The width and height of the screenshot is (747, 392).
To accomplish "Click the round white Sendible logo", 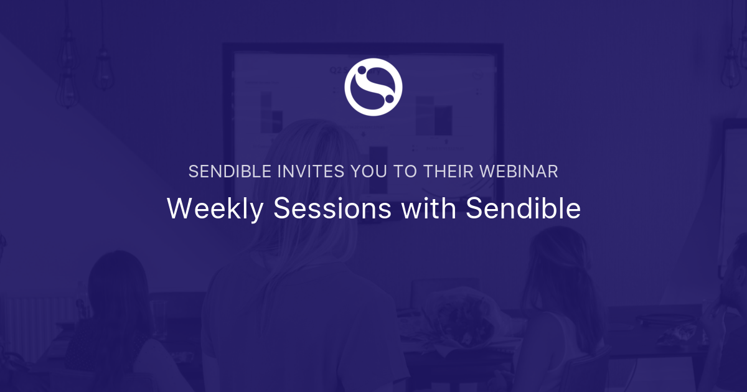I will pyautogui.click(x=374, y=86).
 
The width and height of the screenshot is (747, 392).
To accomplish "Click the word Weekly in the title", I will pyautogui.click(x=215, y=209).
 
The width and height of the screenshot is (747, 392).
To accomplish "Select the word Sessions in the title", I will pyautogui.click(x=333, y=209).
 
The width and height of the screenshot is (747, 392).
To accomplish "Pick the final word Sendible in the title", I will pyautogui.click(x=523, y=209).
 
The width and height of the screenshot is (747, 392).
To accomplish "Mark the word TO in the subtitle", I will pyautogui.click(x=403, y=172).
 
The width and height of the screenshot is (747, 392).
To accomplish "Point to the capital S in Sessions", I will pyautogui.click(x=281, y=209).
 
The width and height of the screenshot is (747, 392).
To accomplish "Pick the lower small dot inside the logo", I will pyautogui.click(x=388, y=98).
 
